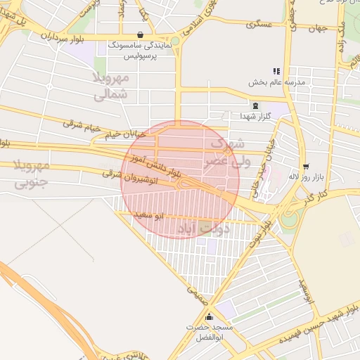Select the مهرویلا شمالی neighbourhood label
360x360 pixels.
coord(110,84)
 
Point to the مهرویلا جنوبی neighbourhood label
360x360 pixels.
coord(30,176)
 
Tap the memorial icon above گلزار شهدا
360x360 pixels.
coord(255,105)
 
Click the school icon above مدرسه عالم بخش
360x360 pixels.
coord(276,71)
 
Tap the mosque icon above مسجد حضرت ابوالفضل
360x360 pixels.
coord(208,317)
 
